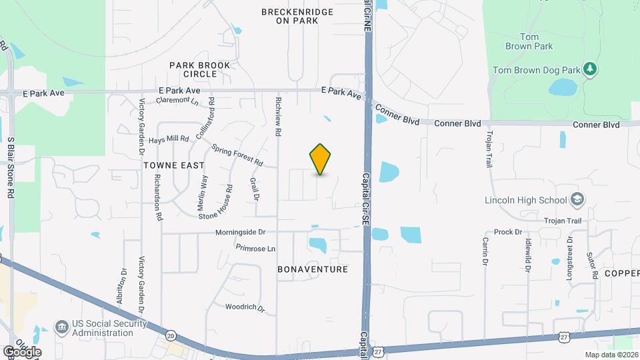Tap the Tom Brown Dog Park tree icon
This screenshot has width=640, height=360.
pyautogui.click(x=589, y=69)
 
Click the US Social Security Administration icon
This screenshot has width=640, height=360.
pyautogui.click(x=61, y=327)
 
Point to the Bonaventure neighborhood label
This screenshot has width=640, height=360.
pyautogui.click(x=313, y=269)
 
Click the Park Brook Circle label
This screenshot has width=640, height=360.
pyautogui.click(x=199, y=69)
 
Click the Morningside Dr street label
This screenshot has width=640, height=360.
pyautogui.click(x=240, y=233)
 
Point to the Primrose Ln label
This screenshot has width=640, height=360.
pyautogui.click(x=255, y=248)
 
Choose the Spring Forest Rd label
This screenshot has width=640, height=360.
pyautogui.click(x=237, y=155)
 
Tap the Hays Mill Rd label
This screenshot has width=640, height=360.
pyautogui.click(x=169, y=139)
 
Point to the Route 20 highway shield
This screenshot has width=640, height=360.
pyautogui.click(x=171, y=335)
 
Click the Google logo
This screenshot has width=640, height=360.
pyautogui.click(x=22, y=351)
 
